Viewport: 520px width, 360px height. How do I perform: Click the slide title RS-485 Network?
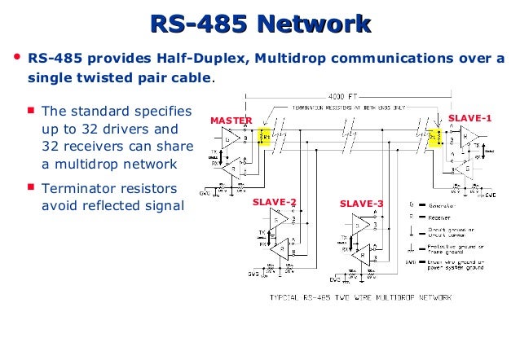[x=260, y=24]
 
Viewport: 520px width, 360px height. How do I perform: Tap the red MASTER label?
[x=231, y=121]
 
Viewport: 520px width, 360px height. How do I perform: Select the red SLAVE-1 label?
[x=470, y=118]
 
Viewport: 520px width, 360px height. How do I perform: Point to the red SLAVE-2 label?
[x=274, y=202]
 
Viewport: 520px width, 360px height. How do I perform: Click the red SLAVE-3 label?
[x=361, y=203]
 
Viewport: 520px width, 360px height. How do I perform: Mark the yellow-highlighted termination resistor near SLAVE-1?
[x=434, y=138]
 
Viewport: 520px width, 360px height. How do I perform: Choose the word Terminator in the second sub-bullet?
[x=75, y=188]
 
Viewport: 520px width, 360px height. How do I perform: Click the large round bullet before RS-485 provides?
[x=16, y=59]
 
